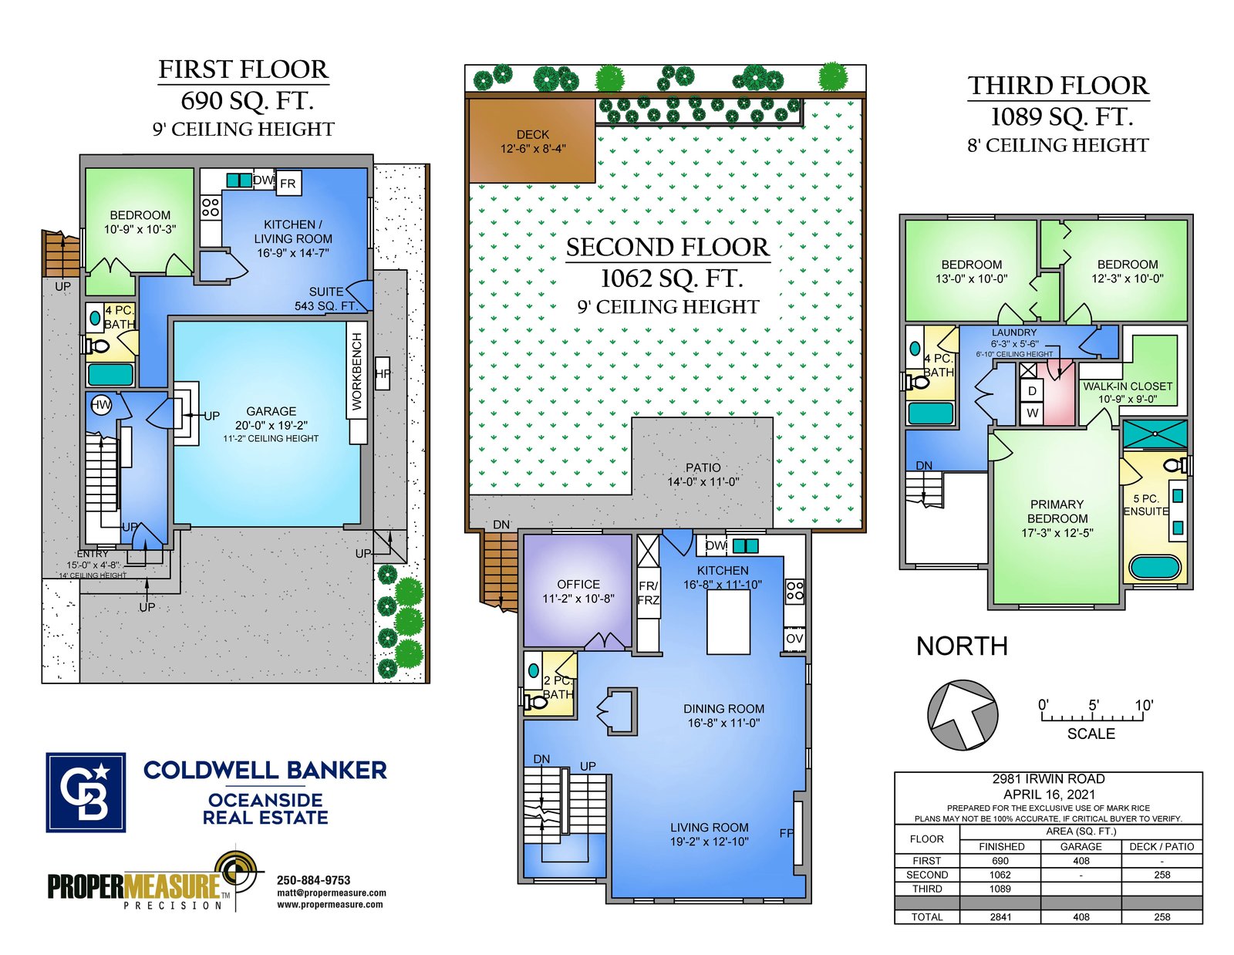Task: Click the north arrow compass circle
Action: pyautogui.click(x=962, y=715)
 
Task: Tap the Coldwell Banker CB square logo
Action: pyautogui.click(x=86, y=792)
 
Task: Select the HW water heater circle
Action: pyautogui.click(x=101, y=405)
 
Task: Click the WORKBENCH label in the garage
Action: pyautogui.click(x=356, y=371)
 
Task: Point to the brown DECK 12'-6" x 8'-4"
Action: pyautogui.click(x=532, y=141)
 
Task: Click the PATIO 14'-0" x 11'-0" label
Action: pyautogui.click(x=703, y=474)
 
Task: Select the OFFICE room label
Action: pyautogui.click(x=578, y=584)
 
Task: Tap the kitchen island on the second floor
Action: pyautogui.click(x=728, y=621)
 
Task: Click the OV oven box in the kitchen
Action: pyautogui.click(x=794, y=639)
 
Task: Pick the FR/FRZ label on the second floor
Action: pyautogui.click(x=648, y=592)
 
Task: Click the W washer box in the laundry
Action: pyautogui.click(x=1032, y=413)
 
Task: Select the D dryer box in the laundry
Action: pyautogui.click(x=1032, y=390)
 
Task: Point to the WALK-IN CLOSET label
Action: pyautogui.click(x=1128, y=386)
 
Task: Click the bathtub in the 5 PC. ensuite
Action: pyautogui.click(x=1155, y=568)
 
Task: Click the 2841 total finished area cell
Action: pyautogui.click(x=1000, y=916)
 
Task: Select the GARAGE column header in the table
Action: pyautogui.click(x=1081, y=846)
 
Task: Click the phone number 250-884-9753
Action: pyautogui.click(x=313, y=880)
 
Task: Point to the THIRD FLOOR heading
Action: pyautogui.click(x=1058, y=86)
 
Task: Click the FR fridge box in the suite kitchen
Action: pyautogui.click(x=288, y=184)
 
